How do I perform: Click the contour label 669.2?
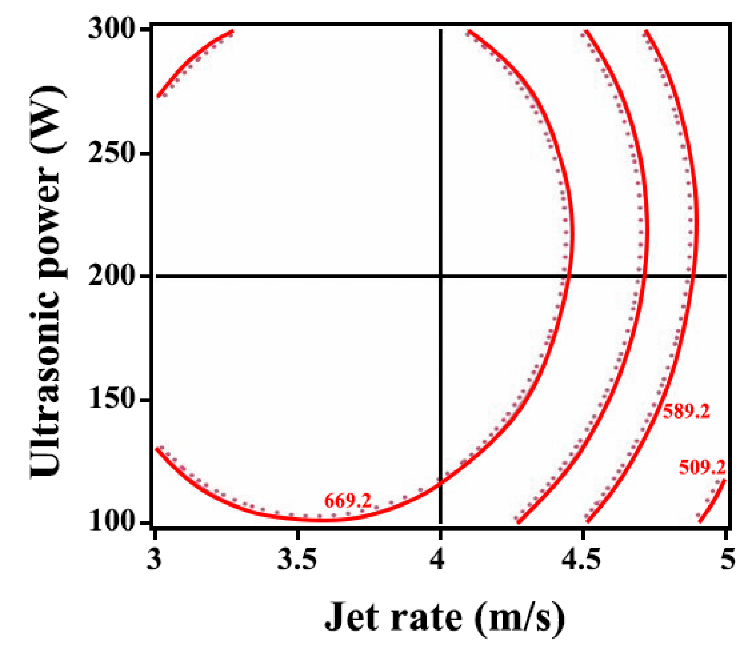[x=348, y=500]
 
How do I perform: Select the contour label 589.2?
[x=686, y=412]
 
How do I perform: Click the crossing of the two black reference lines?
[x=440, y=276]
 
